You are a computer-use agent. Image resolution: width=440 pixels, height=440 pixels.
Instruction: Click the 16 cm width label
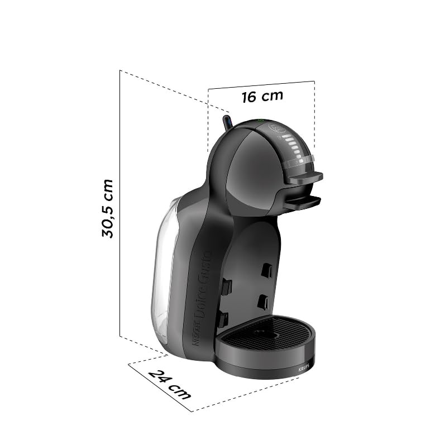(262, 96)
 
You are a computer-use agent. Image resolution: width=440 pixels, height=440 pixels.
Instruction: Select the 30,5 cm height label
(108, 208)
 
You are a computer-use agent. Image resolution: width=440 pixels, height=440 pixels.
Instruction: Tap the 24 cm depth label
(170, 384)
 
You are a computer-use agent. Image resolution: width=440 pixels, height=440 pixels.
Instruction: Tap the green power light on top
(259, 121)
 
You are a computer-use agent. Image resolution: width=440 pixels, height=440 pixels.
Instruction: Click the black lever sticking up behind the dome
(227, 122)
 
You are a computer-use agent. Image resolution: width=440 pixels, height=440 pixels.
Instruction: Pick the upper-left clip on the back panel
(226, 286)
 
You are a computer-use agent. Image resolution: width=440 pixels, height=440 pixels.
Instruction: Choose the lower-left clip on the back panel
(222, 319)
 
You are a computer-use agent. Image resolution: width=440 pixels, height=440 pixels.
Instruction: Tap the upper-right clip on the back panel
(267, 271)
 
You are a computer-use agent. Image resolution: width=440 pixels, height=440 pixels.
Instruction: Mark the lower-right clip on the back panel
(262, 302)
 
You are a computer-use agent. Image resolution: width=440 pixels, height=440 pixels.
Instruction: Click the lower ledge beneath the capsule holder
(302, 202)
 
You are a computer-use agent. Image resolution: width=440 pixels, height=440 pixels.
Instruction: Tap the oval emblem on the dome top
(276, 128)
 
